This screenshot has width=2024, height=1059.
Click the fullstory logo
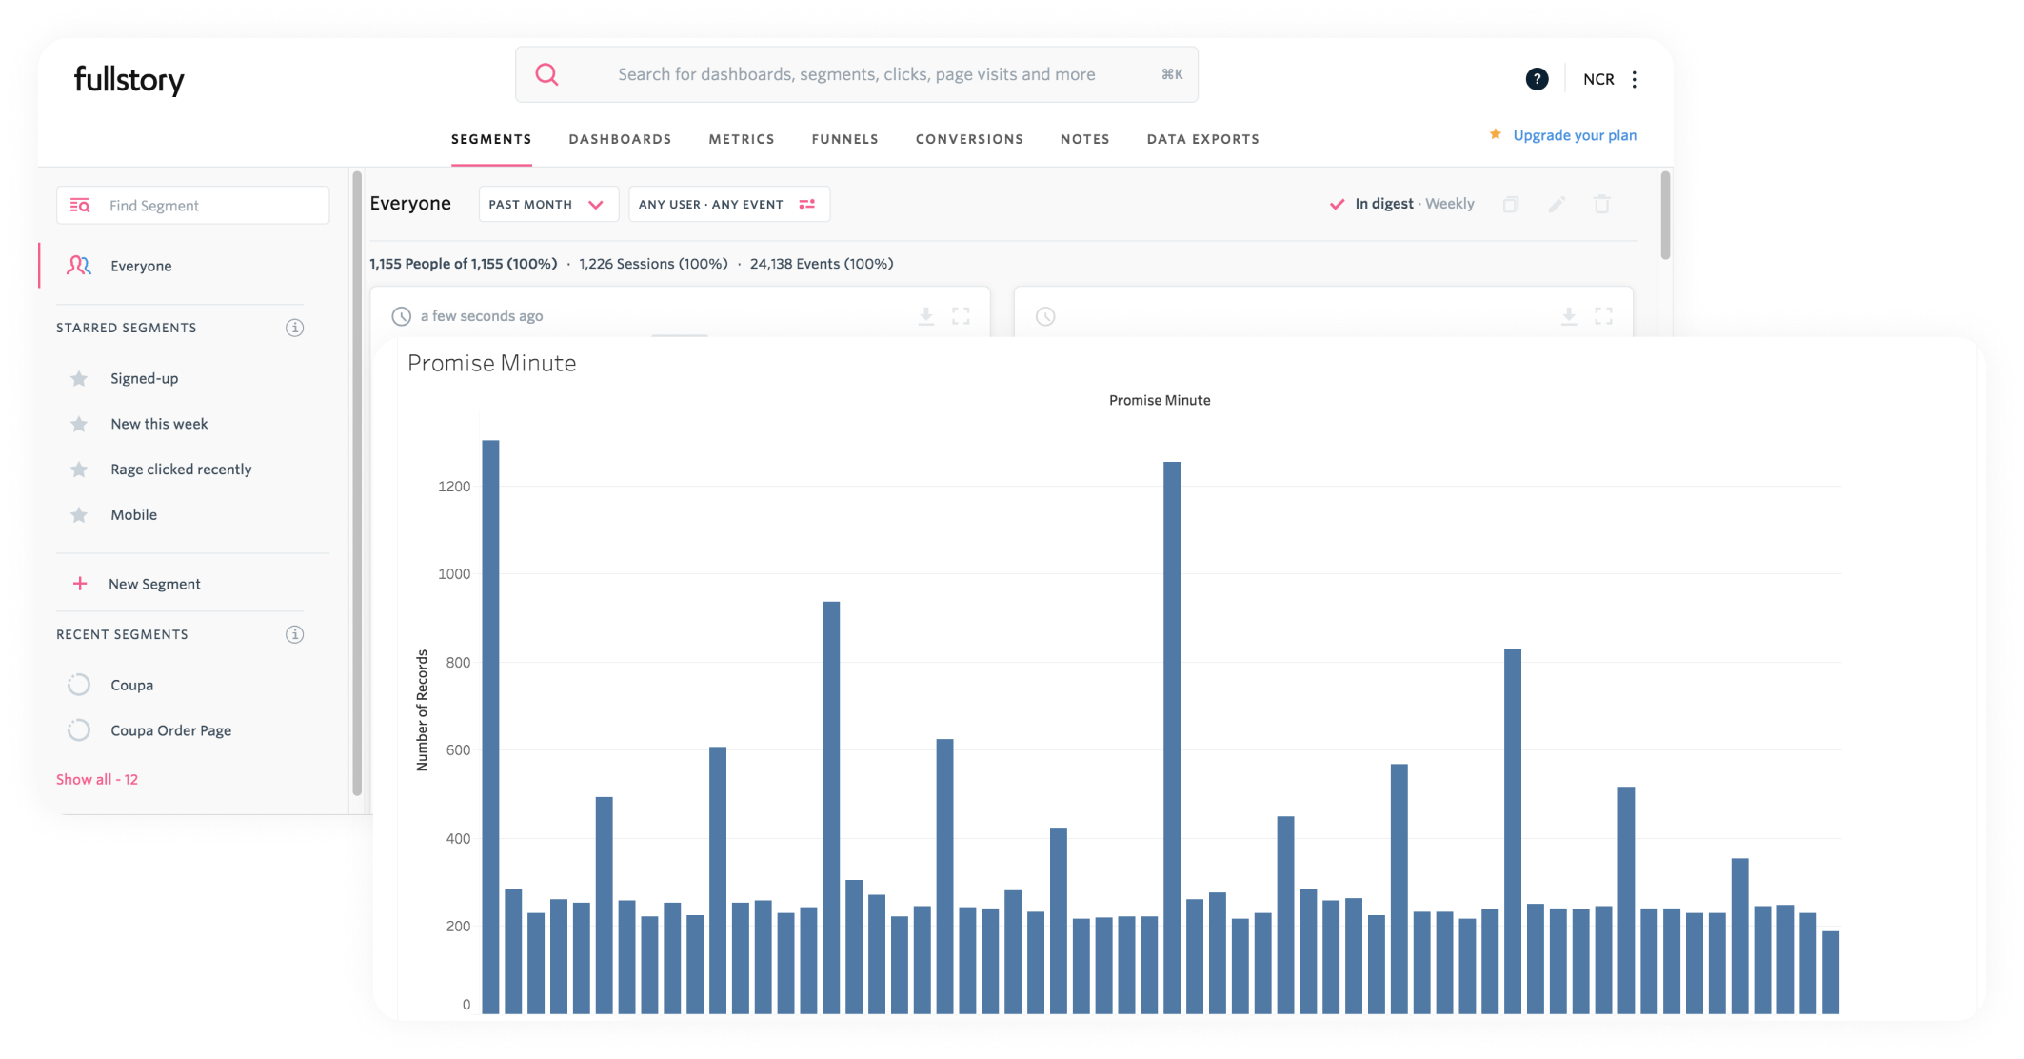coord(129,80)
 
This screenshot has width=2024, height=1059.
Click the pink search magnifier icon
coord(546,74)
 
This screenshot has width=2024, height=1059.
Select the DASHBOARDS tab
coord(620,139)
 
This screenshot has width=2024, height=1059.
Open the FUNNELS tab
coord(844,139)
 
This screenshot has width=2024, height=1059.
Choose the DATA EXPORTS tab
coord(1202,139)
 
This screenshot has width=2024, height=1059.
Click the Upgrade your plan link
coord(1574,135)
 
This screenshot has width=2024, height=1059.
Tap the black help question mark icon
coord(1537,79)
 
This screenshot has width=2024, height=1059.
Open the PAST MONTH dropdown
coord(547,204)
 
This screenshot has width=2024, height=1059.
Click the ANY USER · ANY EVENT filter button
coord(728,204)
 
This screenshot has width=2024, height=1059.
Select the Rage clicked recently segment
coord(181,470)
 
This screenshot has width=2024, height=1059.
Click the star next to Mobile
coord(79,515)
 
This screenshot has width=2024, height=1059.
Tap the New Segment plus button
coord(81,584)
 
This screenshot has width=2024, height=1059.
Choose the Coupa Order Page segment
coord(170,730)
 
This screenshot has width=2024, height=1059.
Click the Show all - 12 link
coord(97,779)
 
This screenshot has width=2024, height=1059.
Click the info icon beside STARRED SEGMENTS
coord(295,328)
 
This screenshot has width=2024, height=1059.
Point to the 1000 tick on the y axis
coord(454,574)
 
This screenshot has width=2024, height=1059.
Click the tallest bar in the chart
coord(490,724)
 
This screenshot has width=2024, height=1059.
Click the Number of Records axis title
coord(422,710)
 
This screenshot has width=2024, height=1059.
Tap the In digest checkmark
coord(1337,204)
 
